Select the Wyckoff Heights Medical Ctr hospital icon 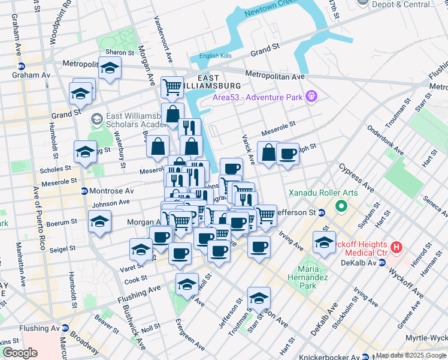[x=396, y=247]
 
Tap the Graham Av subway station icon [x=22, y=67]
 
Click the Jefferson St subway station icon [x=321, y=212]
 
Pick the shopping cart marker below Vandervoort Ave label [x=172, y=87]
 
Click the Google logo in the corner [x=20, y=353]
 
